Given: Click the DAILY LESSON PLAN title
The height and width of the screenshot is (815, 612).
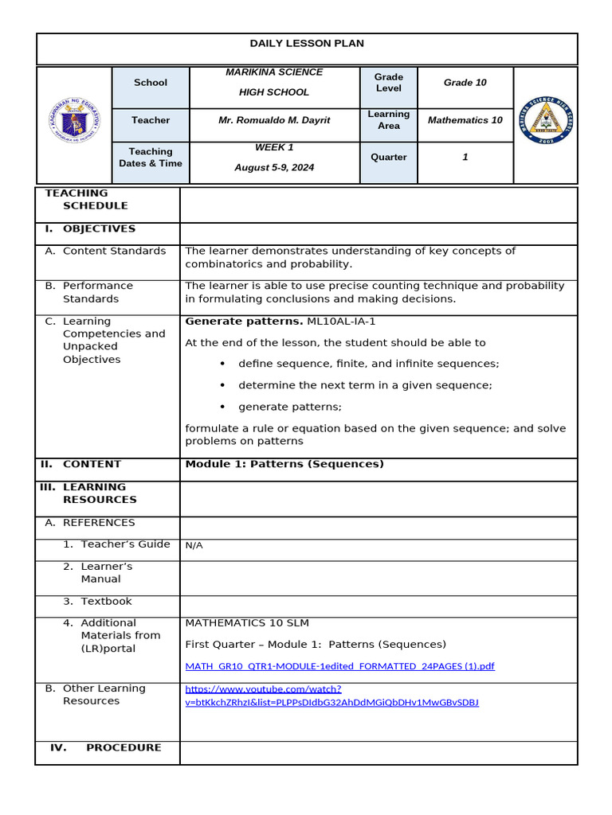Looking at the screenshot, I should coord(307,44).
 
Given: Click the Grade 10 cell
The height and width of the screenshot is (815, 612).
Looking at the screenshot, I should coord(465,83).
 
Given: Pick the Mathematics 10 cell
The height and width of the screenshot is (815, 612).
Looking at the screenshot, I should coord(465,120).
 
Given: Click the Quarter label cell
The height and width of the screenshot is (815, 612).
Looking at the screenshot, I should coord(388,158).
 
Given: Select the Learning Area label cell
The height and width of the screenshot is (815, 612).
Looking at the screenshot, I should coord(388,120).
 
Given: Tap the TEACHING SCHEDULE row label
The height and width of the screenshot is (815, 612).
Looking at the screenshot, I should coord(86,199).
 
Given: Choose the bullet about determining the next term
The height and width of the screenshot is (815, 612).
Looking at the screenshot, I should coord(365,385).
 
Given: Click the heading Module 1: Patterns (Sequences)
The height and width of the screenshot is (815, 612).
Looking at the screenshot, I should coord(284,464).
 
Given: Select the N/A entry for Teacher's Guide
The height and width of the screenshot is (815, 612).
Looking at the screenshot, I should coord(194,546).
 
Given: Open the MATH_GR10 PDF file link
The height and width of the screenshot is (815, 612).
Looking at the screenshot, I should coord(339,666).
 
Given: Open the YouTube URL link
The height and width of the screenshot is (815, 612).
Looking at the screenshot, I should coord(331,696).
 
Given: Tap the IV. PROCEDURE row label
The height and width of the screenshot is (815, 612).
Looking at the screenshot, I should coord(105,748).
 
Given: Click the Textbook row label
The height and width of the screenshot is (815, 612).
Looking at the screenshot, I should coord(106,602).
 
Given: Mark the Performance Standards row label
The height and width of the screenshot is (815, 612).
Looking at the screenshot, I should coord(97,292).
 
